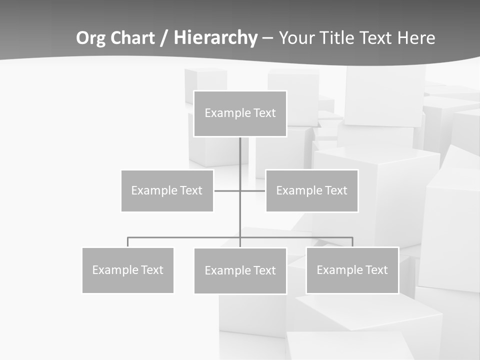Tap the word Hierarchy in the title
click(215, 38)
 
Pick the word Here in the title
click(416, 38)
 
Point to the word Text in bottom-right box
click(377, 270)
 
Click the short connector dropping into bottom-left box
click(128, 242)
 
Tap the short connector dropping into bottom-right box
click(352, 242)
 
